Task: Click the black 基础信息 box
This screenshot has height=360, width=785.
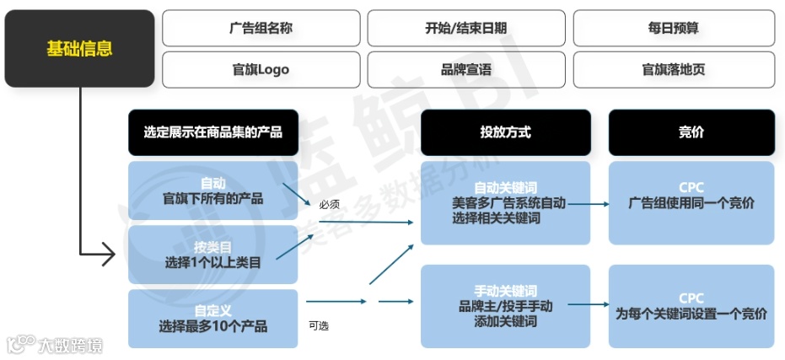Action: [79, 49]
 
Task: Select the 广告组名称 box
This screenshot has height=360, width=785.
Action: [261, 28]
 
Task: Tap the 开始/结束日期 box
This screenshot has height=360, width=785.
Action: [466, 28]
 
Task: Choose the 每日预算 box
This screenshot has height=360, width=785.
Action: [673, 28]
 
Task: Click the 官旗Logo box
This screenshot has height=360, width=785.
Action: [261, 69]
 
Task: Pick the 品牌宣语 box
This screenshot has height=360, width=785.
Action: [466, 69]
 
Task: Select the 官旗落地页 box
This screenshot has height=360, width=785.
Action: [673, 69]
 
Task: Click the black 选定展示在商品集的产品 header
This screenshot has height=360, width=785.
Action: [213, 132]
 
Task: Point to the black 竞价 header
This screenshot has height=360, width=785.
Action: [691, 132]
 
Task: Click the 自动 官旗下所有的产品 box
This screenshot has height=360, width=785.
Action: [213, 191]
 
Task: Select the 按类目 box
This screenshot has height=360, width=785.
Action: [213, 255]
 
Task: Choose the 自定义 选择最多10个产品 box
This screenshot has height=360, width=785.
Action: [213, 318]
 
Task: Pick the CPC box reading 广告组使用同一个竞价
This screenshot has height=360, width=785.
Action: [691, 202]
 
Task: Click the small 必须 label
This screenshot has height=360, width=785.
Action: [329, 204]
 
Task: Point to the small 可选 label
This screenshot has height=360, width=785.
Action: [319, 325]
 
